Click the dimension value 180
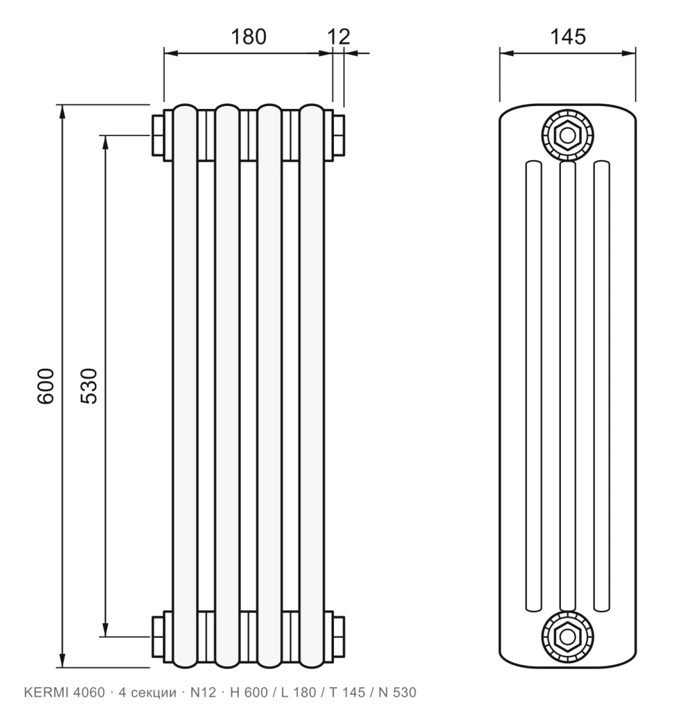(249, 37)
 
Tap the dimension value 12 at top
(339, 37)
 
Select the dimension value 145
(568, 37)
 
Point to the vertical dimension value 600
(46, 386)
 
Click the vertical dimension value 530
(89, 386)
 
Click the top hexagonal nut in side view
(567, 135)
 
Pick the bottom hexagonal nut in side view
(567, 637)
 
